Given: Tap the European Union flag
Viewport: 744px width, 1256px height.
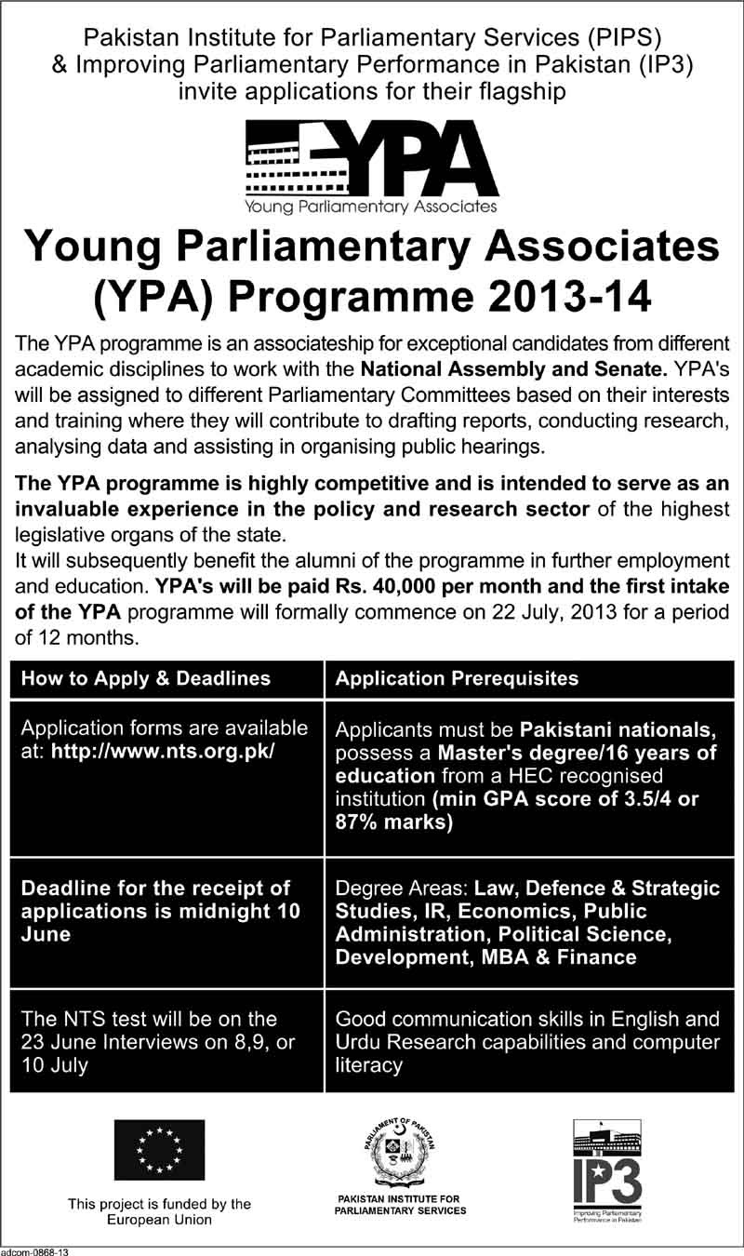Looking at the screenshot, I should [159, 1150].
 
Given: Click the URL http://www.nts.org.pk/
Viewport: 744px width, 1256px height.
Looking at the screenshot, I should [164, 753].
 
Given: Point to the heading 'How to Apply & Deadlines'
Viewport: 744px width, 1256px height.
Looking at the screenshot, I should [146, 678].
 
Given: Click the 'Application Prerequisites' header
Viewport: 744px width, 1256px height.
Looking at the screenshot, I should [457, 678].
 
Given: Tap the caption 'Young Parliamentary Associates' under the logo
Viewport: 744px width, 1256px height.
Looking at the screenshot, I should [371, 206].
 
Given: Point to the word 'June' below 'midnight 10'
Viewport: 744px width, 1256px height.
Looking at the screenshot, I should [46, 934].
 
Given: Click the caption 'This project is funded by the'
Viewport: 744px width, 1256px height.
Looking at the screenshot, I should [159, 1204].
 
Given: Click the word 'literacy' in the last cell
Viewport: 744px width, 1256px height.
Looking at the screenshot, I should [369, 1065].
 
